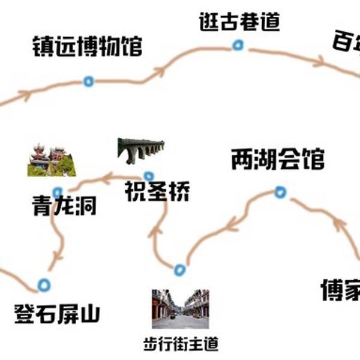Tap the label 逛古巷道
[239, 23]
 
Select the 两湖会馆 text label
[277, 160]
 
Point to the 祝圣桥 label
[157, 192]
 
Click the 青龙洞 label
[64, 207]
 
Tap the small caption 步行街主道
[181, 344]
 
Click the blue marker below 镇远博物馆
[88, 81]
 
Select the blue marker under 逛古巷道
[238, 45]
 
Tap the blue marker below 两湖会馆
[280, 192]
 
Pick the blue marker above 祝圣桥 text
[148, 175]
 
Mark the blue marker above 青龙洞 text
[57, 193]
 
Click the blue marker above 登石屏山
[43, 284]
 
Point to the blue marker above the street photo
[179, 269]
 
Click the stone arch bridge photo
[141, 151]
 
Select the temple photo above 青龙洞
[52, 161]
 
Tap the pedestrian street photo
[180, 308]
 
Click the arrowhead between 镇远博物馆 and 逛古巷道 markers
[159, 72]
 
